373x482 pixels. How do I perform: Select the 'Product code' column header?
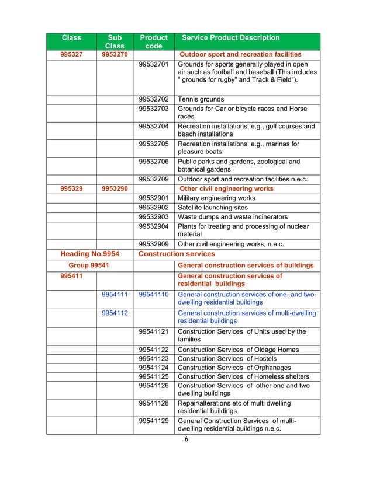[x=153, y=41]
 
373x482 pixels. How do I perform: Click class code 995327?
[x=71, y=54]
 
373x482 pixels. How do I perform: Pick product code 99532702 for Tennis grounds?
[x=154, y=100]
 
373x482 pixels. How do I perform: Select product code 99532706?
[x=154, y=162]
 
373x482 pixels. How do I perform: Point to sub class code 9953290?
[x=115, y=189]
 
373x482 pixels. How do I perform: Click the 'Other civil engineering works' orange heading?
[x=226, y=189]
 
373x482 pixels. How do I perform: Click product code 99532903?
[x=154, y=217]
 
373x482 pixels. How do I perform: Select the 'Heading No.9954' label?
[x=90, y=254]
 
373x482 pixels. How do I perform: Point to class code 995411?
[x=71, y=276]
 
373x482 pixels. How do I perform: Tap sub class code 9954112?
[x=115, y=313]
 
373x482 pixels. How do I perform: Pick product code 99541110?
[x=154, y=295]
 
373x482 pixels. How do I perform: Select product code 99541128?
[x=154, y=404]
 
